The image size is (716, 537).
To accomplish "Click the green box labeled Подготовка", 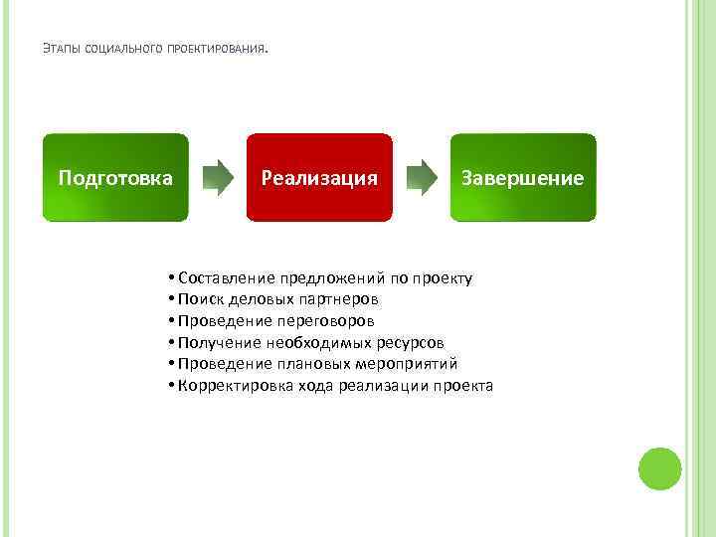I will tap(114, 177).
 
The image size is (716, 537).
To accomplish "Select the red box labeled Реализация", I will tap(319, 177).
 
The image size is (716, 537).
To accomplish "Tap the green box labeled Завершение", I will tap(523, 177).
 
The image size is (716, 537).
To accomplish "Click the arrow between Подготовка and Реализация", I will tap(218, 177).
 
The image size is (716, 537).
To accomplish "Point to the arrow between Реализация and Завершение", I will tap(422, 177).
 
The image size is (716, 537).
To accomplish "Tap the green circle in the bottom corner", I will tap(658, 467).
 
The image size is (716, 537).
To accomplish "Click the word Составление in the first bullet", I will tap(226, 277).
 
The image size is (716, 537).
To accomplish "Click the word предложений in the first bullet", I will tap(330, 277).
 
